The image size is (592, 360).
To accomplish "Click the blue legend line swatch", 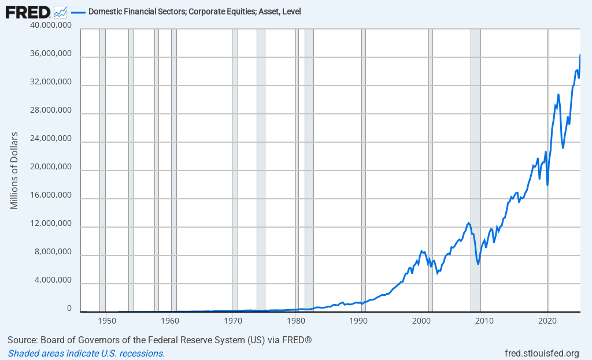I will [78, 12].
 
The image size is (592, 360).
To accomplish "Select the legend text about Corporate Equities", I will [194, 12].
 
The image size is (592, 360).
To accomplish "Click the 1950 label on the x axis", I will [106, 320].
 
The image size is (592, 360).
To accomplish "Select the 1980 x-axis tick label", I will [296, 320].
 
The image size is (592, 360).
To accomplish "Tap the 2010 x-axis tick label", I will [484, 320].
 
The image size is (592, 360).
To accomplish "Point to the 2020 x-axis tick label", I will [547, 320].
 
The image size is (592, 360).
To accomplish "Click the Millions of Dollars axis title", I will [14, 170].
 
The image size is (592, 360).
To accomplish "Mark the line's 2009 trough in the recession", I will [478, 264].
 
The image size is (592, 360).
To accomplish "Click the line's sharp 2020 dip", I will [547, 185].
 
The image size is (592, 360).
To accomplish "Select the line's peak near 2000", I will [421, 251].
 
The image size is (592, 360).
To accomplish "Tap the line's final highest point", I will [580, 55].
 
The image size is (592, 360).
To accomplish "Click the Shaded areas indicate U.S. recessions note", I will [86, 354].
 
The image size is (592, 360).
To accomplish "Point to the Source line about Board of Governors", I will [160, 340].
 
